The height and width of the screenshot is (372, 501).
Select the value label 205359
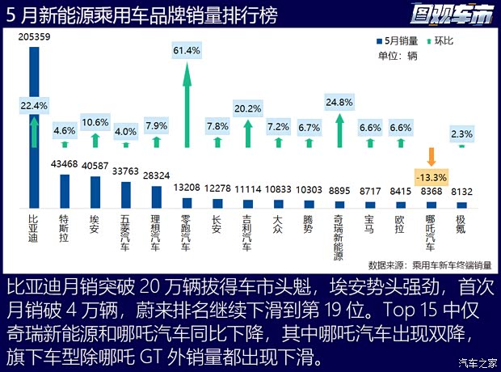(35, 38)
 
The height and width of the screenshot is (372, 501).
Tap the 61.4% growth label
(187, 50)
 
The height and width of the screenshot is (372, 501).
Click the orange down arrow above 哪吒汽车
(432, 155)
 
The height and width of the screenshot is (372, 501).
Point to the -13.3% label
(432, 177)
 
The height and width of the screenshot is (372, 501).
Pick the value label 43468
(65, 165)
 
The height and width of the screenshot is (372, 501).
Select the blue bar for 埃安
(95, 192)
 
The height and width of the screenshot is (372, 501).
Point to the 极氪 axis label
(461, 224)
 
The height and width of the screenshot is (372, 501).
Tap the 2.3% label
(461, 133)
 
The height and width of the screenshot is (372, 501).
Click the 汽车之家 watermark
(476, 361)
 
